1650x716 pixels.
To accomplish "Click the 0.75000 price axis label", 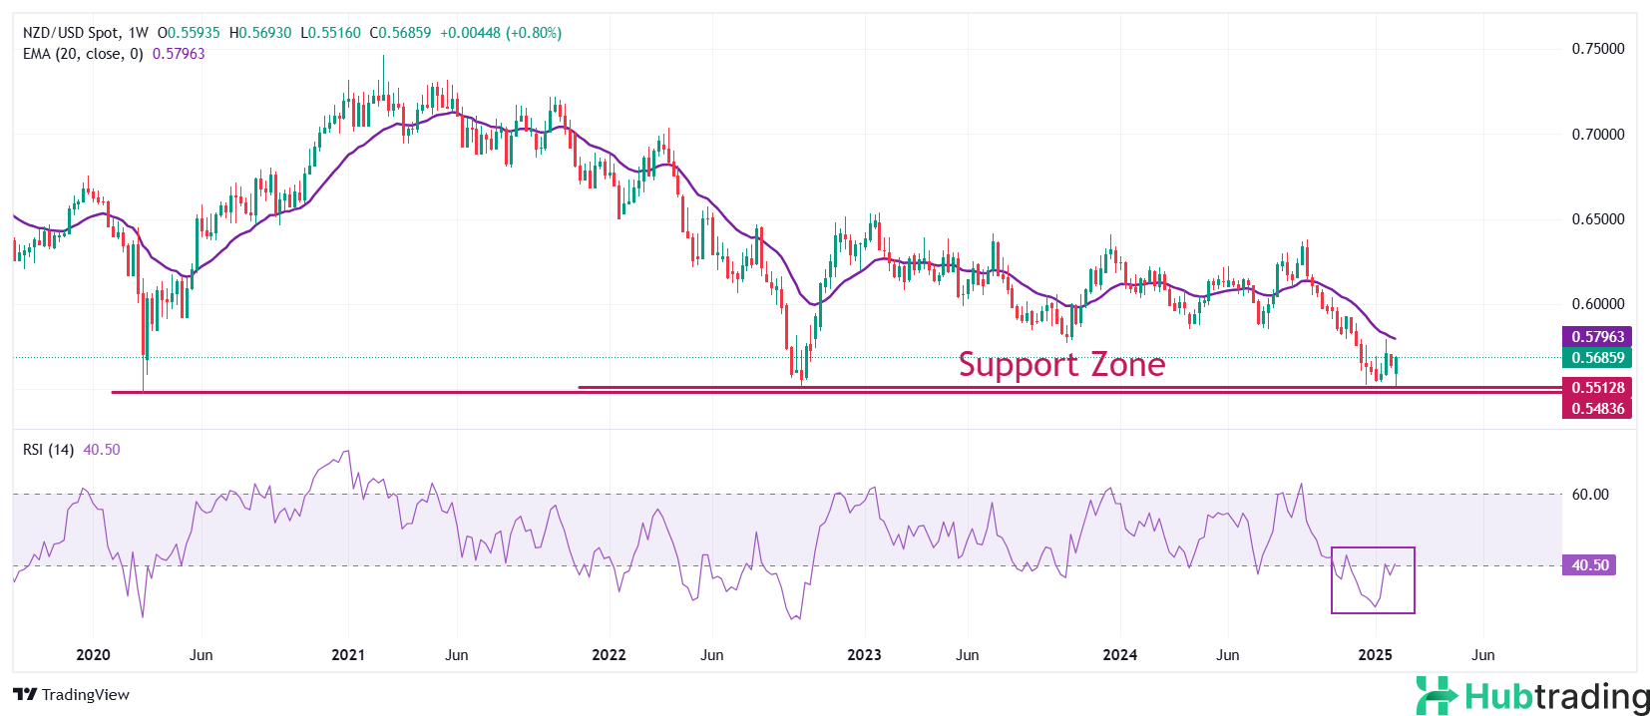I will coord(1597,49).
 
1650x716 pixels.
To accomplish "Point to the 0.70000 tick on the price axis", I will coord(1597,135).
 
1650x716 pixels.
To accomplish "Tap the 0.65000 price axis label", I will coord(1597,219).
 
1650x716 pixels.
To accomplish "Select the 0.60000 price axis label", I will coord(1597,304).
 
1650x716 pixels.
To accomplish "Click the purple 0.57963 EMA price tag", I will coord(1597,337).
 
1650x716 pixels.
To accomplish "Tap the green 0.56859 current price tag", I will coord(1597,358).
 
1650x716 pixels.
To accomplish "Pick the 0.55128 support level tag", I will coord(1597,388).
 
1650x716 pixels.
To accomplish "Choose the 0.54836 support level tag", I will coord(1597,409).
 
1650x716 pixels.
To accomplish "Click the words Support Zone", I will coord(1061,365).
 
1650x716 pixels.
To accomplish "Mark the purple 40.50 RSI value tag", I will coord(1589,565).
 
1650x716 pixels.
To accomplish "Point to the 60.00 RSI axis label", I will coord(1590,495).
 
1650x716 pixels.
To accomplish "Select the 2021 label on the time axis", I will coord(348,655).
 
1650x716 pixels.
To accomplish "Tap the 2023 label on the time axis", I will coord(864,655).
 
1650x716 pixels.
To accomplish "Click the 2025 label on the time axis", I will coord(1376,655).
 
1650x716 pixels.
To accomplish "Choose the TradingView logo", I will coord(72,695).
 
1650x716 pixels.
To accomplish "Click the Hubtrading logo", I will coord(1532,695).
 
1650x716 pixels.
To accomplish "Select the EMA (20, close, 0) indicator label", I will coord(83,54).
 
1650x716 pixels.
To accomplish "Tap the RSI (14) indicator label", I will coord(48,450).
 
